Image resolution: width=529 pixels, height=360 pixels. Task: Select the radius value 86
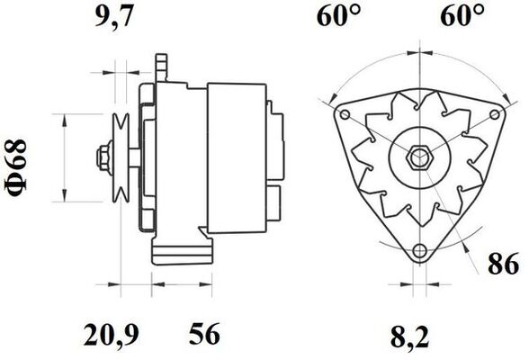(x=503, y=265)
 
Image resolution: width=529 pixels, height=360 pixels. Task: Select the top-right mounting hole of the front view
(x=494, y=113)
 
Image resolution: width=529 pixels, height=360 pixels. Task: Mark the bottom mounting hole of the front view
(x=419, y=249)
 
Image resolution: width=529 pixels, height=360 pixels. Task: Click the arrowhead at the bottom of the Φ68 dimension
(x=65, y=199)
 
